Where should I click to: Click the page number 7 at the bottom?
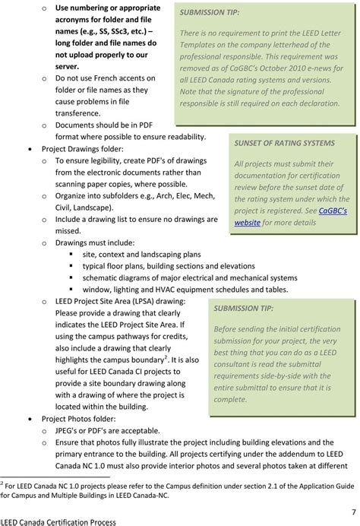pos(353,510)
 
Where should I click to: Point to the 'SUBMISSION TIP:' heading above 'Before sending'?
pos(244,309)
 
